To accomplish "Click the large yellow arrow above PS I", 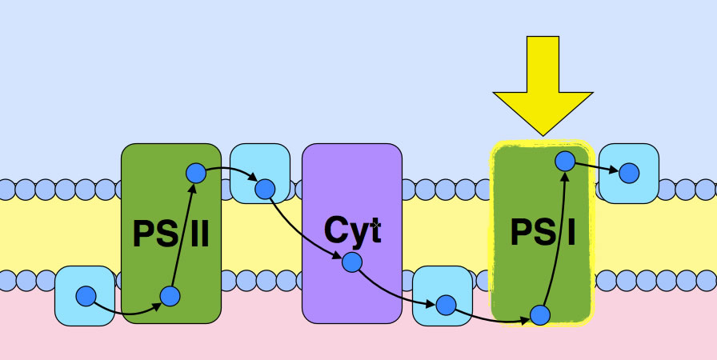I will point(543,80).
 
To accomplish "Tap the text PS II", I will point(170,235).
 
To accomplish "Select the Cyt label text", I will point(352,230).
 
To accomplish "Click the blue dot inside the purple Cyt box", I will point(352,262).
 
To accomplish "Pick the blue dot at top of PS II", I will point(196,173).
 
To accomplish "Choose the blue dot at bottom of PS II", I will point(170,297).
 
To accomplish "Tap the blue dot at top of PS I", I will point(565,161).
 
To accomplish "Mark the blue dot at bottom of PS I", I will point(540,314).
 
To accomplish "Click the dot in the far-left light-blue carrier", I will point(86,296).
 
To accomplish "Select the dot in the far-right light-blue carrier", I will point(629,173).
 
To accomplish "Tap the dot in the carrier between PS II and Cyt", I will point(265,190).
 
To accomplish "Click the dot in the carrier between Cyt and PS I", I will point(446,305).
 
